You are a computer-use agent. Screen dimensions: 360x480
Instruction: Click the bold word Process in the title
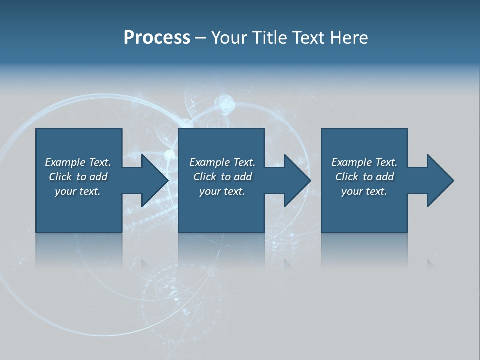pyautogui.click(x=157, y=38)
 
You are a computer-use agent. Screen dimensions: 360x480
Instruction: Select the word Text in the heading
pyautogui.click(x=310, y=38)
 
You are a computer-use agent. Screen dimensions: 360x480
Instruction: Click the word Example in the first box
pyautogui.click(x=65, y=162)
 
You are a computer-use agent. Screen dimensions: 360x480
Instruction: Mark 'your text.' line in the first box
pyautogui.click(x=78, y=191)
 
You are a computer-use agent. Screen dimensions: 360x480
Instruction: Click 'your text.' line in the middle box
pyautogui.click(x=222, y=191)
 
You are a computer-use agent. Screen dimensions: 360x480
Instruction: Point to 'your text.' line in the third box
pyautogui.click(x=364, y=191)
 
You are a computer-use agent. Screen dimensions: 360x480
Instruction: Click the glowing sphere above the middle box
pyautogui.click(x=224, y=104)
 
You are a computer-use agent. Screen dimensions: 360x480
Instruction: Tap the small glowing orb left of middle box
pyautogui.click(x=170, y=154)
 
